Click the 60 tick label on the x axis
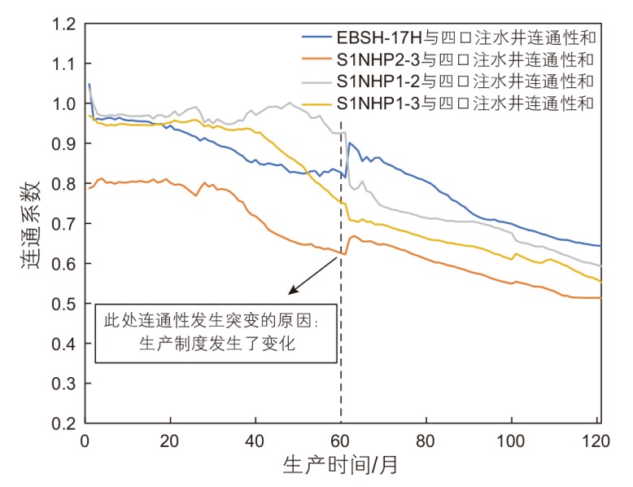point(340,441)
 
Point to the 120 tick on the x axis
point(596,441)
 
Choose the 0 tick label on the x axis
point(85,441)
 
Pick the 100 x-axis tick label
point(511,441)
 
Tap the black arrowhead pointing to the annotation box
point(290,292)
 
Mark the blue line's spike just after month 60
point(350,143)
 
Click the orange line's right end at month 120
point(600,298)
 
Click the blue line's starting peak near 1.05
point(89,84)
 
